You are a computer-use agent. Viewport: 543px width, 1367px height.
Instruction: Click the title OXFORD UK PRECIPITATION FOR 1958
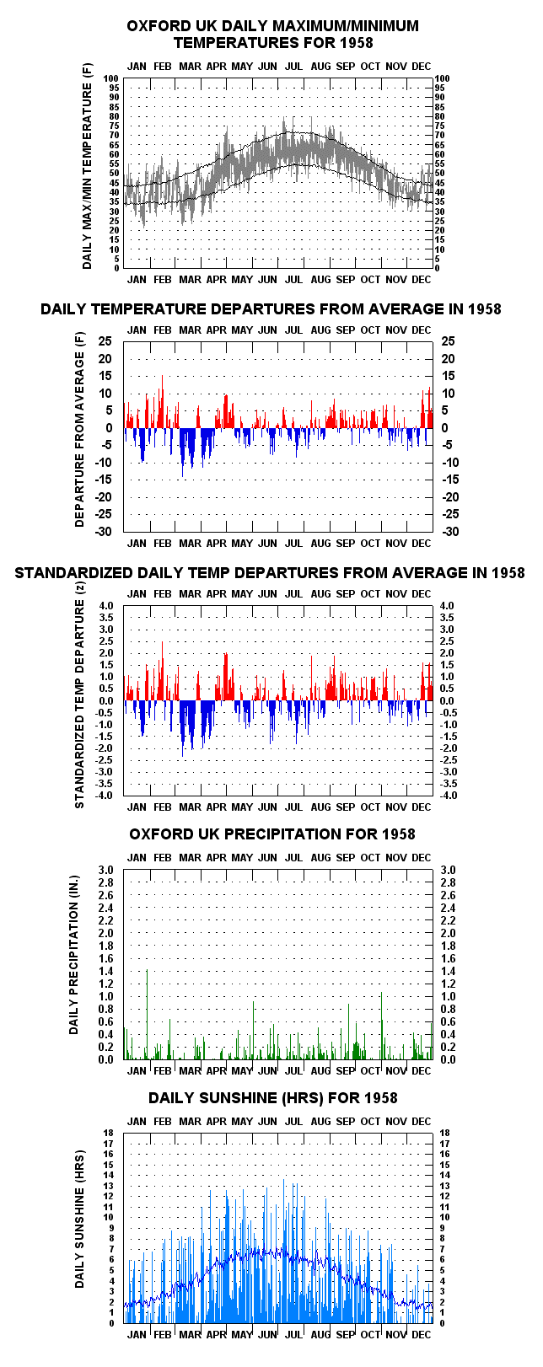[271, 834]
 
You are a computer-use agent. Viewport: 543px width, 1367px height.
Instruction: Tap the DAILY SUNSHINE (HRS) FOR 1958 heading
[272, 1098]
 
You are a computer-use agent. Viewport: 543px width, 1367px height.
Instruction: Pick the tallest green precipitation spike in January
[147, 1015]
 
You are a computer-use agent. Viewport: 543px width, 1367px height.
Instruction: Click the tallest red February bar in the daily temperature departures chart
[162, 401]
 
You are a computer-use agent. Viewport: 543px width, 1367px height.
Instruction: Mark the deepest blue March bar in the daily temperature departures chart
[182, 453]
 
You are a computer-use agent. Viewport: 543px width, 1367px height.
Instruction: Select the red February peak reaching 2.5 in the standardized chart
[162, 671]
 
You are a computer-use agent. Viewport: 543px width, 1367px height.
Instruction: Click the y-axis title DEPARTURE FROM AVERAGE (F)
[79, 430]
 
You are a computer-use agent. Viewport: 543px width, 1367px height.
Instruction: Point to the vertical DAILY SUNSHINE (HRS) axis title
[79, 1220]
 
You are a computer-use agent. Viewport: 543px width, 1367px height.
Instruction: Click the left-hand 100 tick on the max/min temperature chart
[110, 78]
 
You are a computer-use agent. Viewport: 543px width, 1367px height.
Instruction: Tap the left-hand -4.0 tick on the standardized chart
[104, 796]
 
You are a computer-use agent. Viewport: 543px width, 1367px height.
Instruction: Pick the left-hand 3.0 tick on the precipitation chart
[105, 870]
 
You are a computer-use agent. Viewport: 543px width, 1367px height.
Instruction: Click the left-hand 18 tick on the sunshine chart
[109, 1134]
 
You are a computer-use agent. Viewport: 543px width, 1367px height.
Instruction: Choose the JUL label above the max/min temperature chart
[293, 66]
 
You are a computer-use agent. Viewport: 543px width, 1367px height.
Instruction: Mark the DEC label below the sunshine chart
[421, 1335]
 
